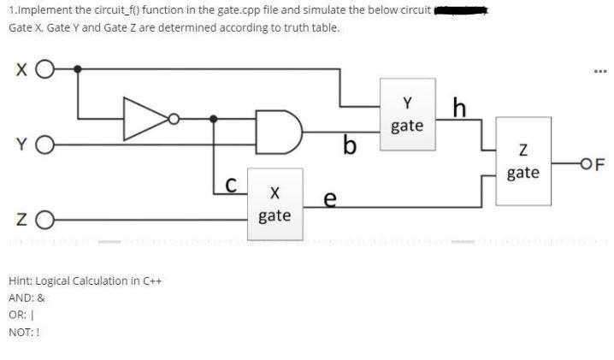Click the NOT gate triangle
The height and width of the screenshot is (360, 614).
pyautogui.click(x=146, y=118)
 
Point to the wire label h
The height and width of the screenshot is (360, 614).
pyautogui.click(x=460, y=109)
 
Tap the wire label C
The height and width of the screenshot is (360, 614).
pyautogui.click(x=229, y=185)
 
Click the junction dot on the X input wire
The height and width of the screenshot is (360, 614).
pyautogui.click(x=79, y=68)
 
